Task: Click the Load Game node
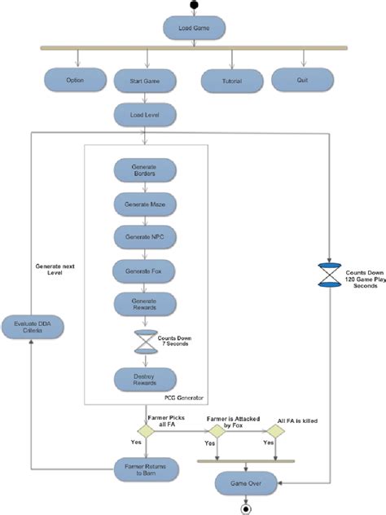click(x=194, y=29)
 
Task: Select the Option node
click(x=75, y=80)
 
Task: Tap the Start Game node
click(x=146, y=81)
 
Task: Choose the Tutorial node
click(x=232, y=80)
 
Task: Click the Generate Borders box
click(x=144, y=169)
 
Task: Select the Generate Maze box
click(x=144, y=202)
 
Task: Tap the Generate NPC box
click(x=144, y=235)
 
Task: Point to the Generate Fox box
click(x=144, y=269)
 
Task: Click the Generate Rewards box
click(x=144, y=302)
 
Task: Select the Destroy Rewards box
click(x=144, y=377)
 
